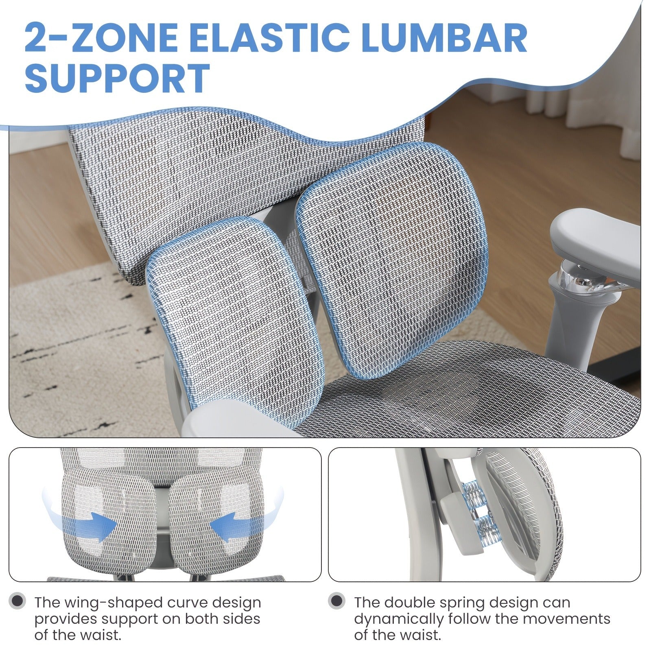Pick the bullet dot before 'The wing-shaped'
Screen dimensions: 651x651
pyautogui.click(x=17, y=601)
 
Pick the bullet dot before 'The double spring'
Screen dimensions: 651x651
pyautogui.click(x=337, y=601)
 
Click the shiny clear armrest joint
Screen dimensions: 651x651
pyautogui.click(x=578, y=277)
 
